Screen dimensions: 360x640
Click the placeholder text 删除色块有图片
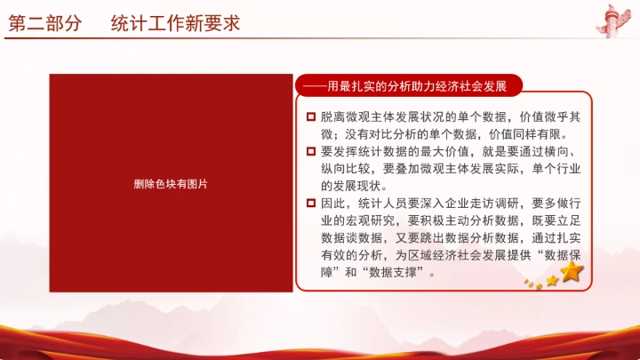(171, 183)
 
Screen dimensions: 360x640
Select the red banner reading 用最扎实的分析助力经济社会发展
(409, 86)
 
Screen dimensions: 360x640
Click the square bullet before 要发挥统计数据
(310, 151)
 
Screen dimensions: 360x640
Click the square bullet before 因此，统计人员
(310, 204)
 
